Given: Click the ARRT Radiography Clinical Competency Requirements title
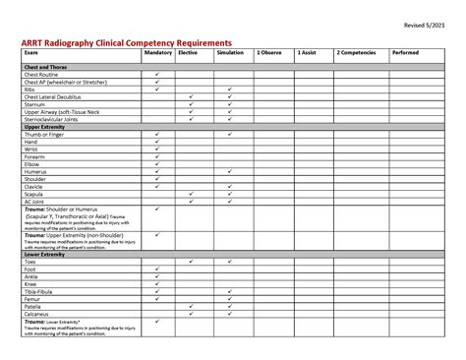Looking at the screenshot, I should click(127, 43).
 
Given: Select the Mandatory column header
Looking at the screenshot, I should click(157, 54).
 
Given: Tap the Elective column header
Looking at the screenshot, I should click(188, 54).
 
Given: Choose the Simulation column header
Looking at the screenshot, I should click(230, 54).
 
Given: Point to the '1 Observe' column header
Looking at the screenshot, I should click(269, 54).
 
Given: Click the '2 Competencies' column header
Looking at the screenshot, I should click(355, 54).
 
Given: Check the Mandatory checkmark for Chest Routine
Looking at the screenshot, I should click(157, 74).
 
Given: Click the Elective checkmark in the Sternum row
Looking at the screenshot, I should click(191, 104).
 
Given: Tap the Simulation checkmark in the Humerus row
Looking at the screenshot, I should click(229, 171).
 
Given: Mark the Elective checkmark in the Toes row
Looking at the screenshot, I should click(191, 261).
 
